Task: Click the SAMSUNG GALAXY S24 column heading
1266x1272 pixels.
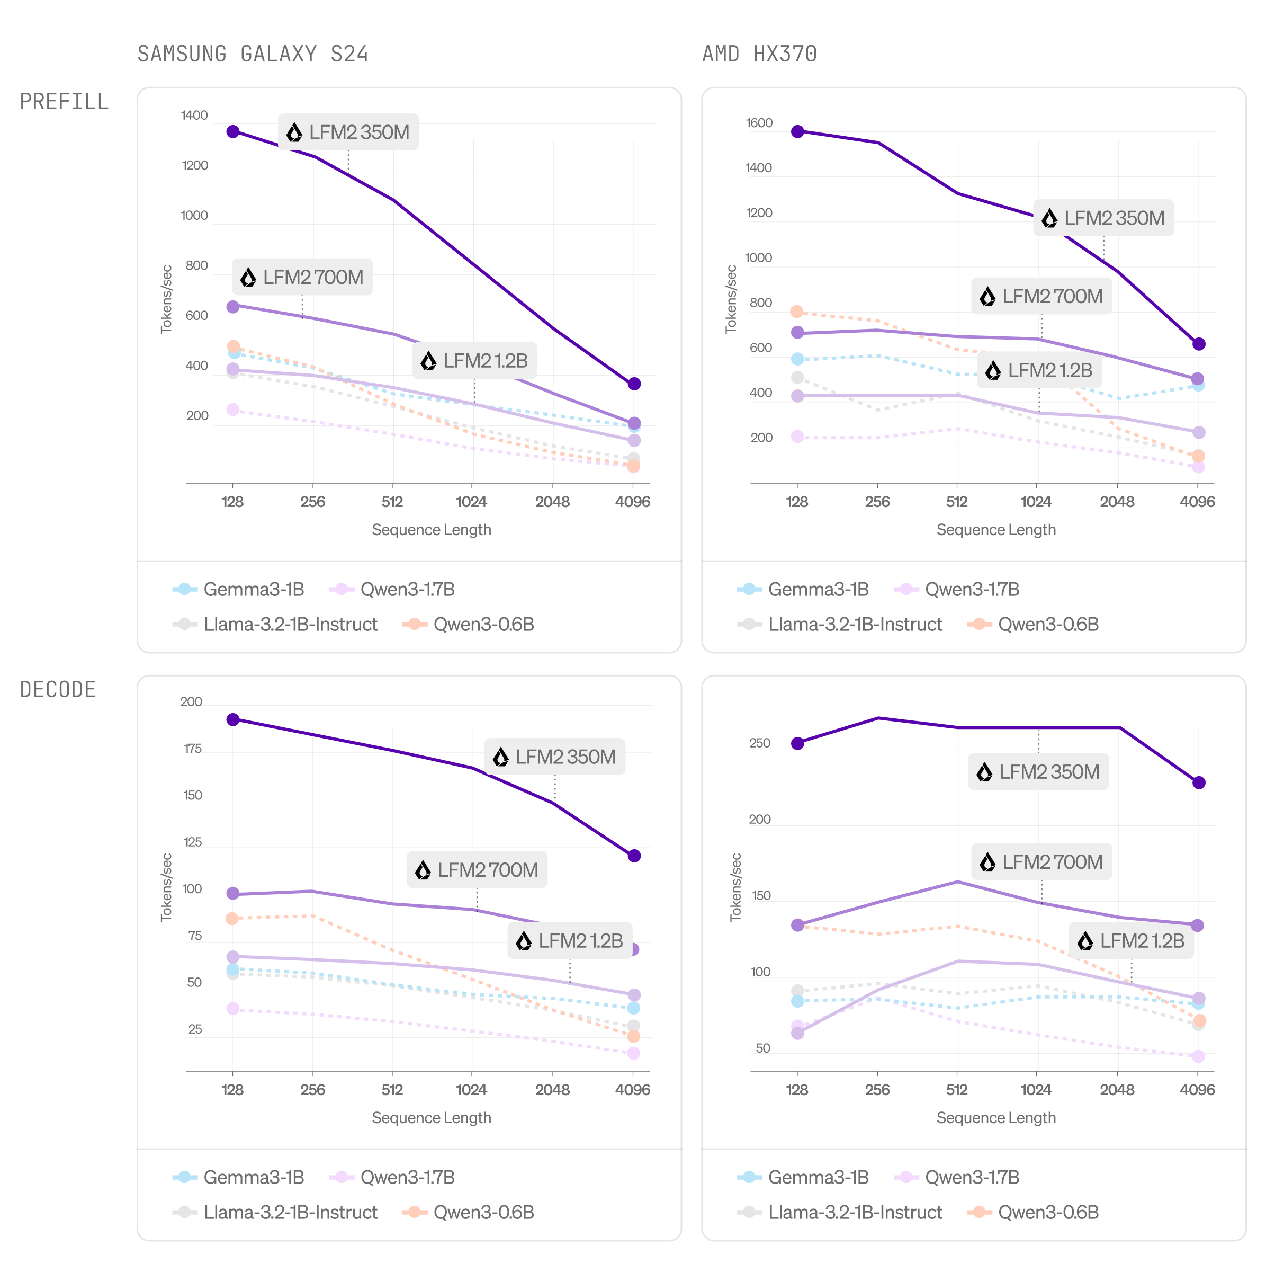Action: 253,54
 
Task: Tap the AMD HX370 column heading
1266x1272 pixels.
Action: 759,54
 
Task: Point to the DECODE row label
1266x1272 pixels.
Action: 58,690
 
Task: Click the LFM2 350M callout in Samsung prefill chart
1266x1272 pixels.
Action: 349,132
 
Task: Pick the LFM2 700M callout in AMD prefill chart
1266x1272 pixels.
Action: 1041,296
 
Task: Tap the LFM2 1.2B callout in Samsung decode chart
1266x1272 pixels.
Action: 570,941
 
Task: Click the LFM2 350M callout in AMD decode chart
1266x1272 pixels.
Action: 1038,772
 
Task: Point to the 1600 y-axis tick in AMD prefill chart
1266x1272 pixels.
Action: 759,123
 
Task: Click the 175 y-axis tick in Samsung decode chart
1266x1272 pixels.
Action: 193,749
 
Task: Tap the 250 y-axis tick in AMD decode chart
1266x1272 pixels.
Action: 759,743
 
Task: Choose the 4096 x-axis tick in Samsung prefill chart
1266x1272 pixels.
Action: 632,502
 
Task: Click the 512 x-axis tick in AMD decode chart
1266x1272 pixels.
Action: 957,1090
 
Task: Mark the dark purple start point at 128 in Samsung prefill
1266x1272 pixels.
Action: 233,132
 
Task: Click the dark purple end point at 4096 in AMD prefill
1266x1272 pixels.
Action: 1199,344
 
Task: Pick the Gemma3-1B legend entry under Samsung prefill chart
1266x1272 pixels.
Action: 239,589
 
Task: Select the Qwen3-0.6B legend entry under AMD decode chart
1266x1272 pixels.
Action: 1033,1213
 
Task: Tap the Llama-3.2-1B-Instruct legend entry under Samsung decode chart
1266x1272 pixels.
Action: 275,1213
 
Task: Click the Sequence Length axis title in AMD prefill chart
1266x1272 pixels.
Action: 995,530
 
